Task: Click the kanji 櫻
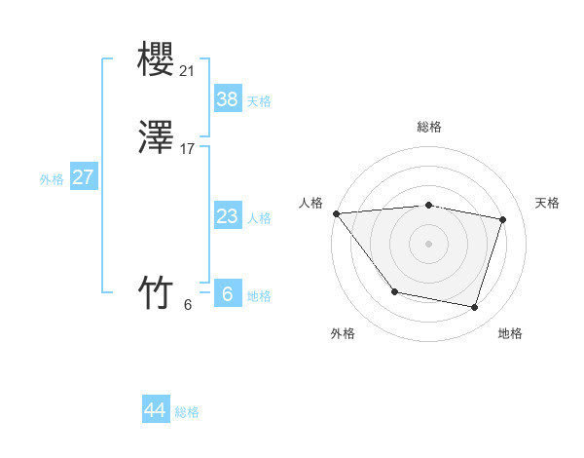[156, 61]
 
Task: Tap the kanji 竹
[156, 291]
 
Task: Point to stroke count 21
[187, 70]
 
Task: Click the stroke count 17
[187, 149]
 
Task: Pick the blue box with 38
[228, 98]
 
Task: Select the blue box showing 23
[228, 216]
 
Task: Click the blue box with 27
[83, 178]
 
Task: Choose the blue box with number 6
[228, 293]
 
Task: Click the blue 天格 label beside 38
[259, 101]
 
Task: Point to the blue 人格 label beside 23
[259, 218]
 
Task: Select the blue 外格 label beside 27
[52, 179]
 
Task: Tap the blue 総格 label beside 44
[187, 412]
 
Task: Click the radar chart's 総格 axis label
[429, 127]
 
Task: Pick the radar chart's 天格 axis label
[547, 203]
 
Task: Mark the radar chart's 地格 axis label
[510, 333]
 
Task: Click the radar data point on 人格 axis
[336, 213]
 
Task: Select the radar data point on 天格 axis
[502, 220]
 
